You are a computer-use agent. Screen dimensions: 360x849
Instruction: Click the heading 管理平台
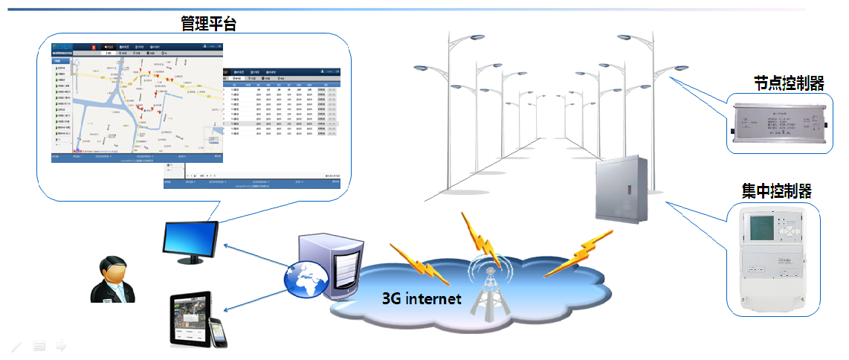point(208,23)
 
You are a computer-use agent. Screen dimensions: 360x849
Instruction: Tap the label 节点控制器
point(789,83)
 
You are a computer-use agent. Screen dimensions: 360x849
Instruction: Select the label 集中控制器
point(776,191)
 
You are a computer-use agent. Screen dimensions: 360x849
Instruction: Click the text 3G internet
point(422,299)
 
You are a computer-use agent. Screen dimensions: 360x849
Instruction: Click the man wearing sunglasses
point(113,279)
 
